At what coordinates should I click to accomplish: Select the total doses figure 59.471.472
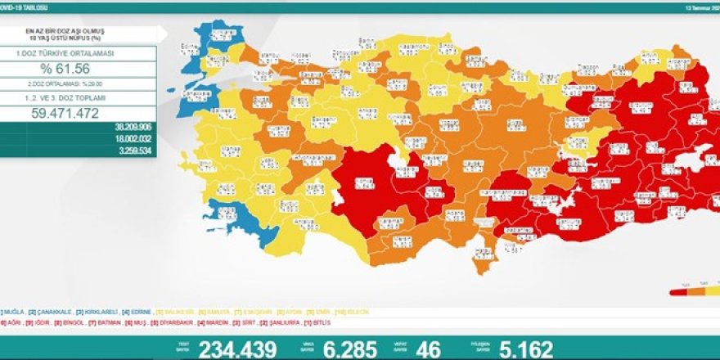click(79, 113)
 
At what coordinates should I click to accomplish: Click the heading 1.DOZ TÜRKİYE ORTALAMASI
click(79, 52)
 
